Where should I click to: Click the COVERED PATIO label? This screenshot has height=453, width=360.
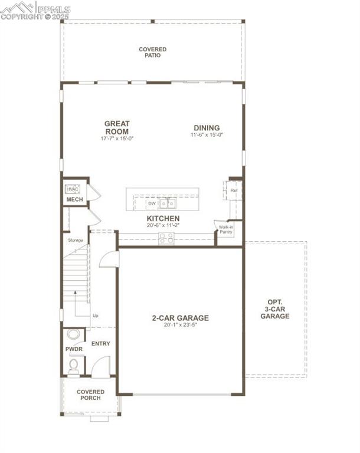(x=152, y=52)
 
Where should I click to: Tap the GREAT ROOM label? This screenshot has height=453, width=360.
(x=117, y=127)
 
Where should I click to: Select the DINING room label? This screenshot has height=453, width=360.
(x=206, y=127)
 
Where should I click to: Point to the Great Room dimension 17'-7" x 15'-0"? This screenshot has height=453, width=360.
(x=117, y=139)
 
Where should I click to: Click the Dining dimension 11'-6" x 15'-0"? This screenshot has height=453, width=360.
(x=207, y=135)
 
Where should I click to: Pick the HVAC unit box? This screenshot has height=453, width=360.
(x=73, y=189)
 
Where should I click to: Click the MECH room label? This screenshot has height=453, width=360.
(x=74, y=200)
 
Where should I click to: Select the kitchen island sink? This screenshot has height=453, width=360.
(x=168, y=203)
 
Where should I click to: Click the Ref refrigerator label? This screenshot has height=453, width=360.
(x=234, y=191)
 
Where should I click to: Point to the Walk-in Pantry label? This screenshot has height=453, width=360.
(x=225, y=229)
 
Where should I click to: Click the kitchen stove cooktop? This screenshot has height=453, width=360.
(x=166, y=238)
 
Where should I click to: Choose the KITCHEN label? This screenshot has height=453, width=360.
(x=163, y=218)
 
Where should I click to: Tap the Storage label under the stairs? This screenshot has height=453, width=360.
(x=75, y=240)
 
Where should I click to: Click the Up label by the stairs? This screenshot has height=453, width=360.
(x=95, y=316)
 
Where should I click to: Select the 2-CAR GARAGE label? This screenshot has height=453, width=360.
(x=180, y=318)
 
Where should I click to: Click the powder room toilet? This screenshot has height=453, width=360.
(x=73, y=366)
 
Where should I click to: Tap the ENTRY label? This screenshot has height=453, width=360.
(x=100, y=343)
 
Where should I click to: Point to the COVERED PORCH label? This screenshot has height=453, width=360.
(x=90, y=395)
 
